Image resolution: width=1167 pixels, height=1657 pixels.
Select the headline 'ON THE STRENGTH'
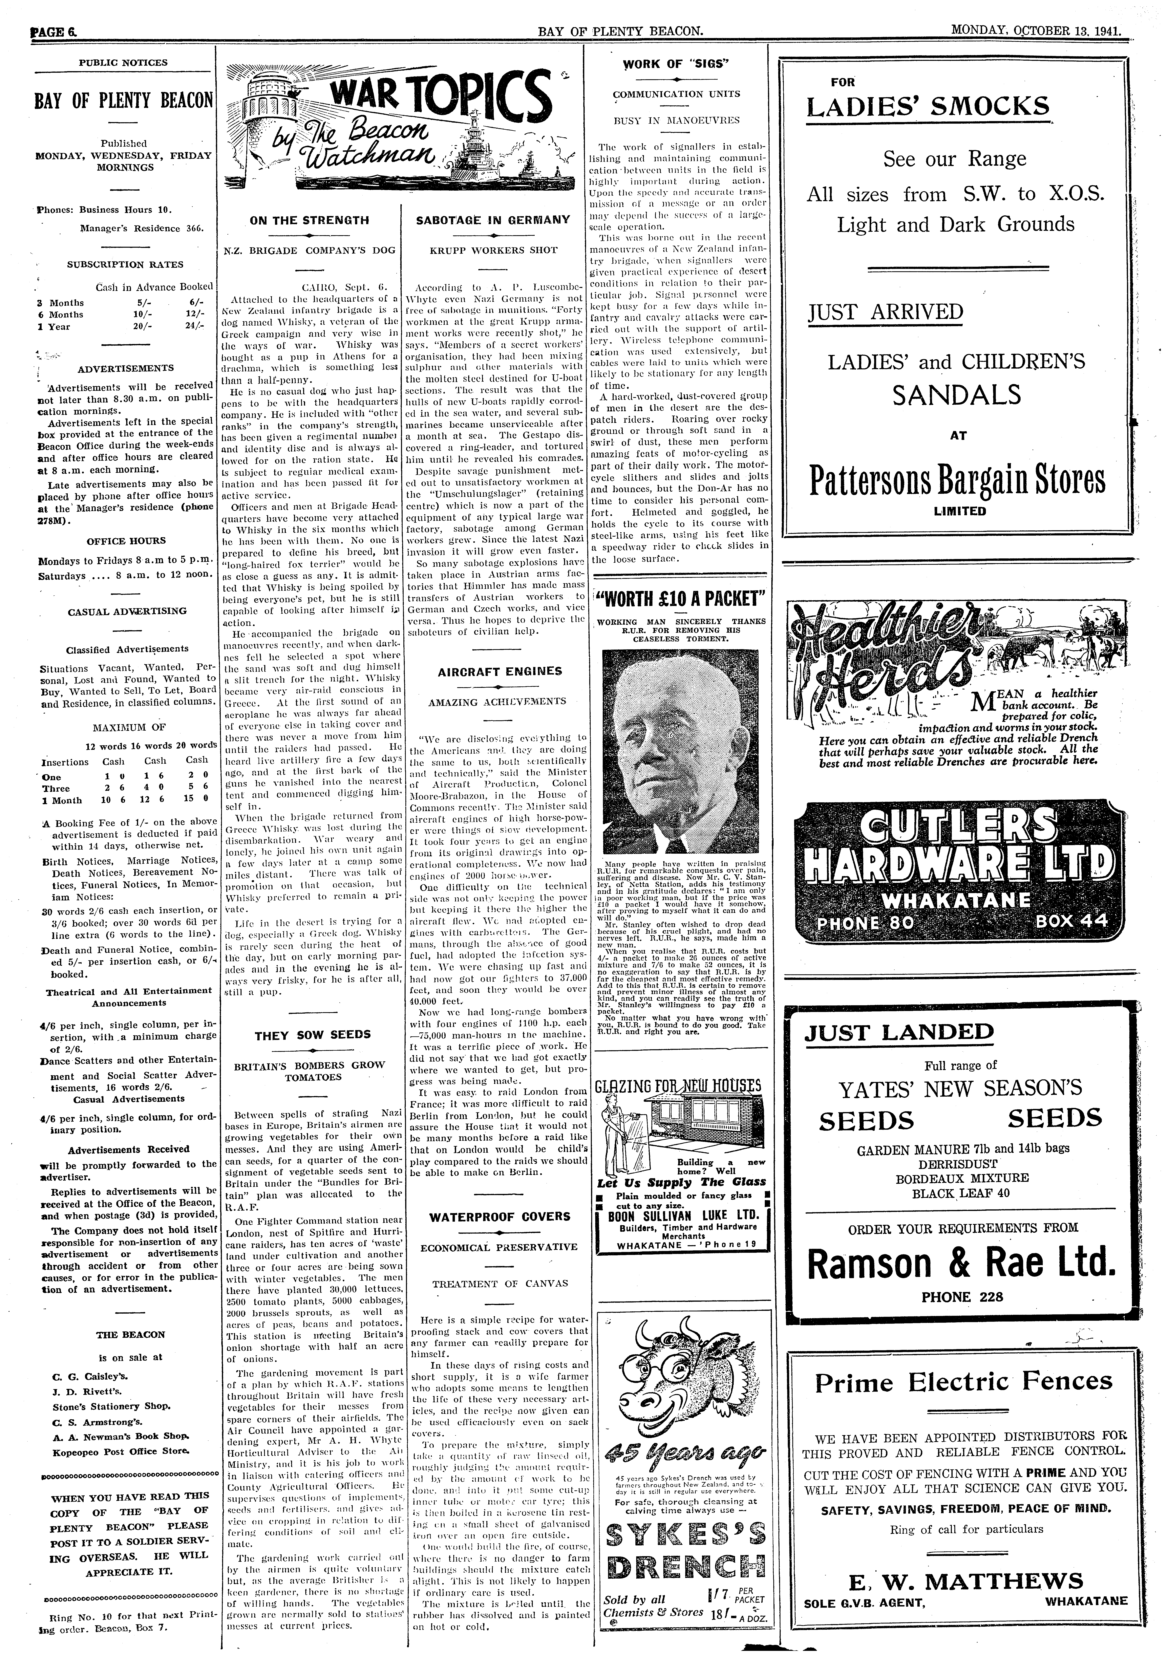(x=309, y=220)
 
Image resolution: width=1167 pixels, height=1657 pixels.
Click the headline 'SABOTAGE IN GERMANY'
(x=493, y=220)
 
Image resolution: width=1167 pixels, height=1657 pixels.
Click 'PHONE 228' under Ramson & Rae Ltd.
(x=962, y=1297)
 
